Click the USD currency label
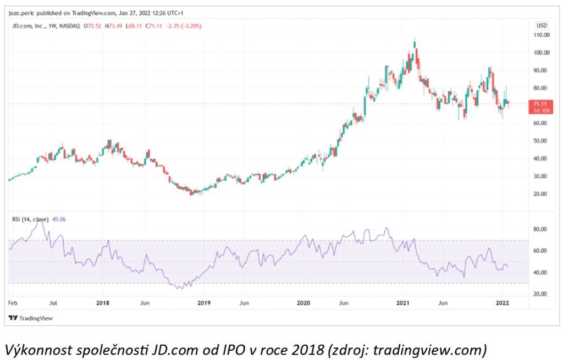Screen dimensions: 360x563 [x=542, y=25]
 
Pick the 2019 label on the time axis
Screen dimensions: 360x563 [x=204, y=303]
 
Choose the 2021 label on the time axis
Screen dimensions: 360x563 [x=404, y=303]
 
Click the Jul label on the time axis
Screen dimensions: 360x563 [x=54, y=303]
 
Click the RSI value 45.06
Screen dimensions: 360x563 [x=58, y=219]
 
